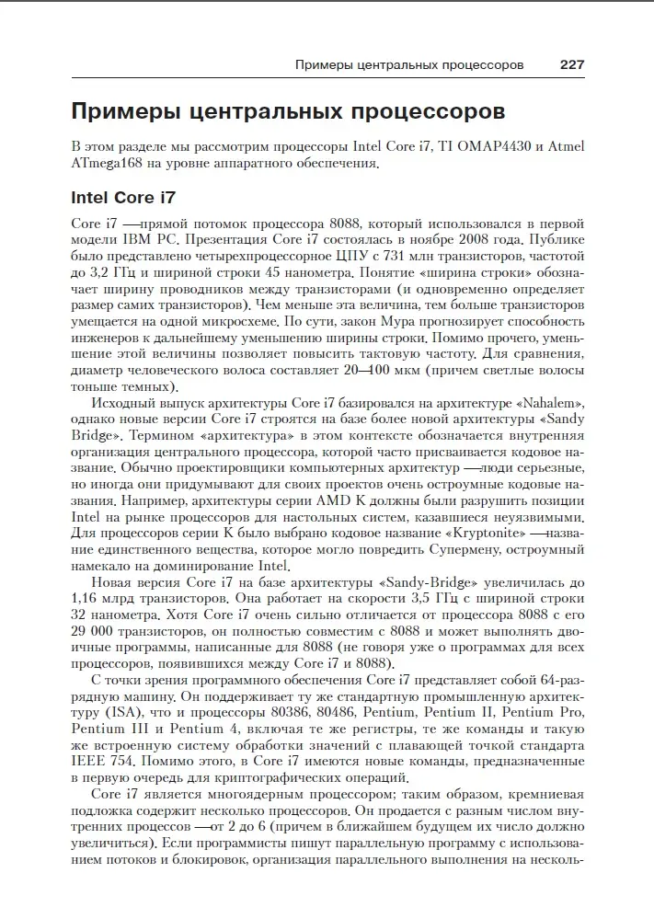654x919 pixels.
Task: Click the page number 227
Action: tap(572, 65)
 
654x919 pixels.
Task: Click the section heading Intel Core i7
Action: tap(122, 197)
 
